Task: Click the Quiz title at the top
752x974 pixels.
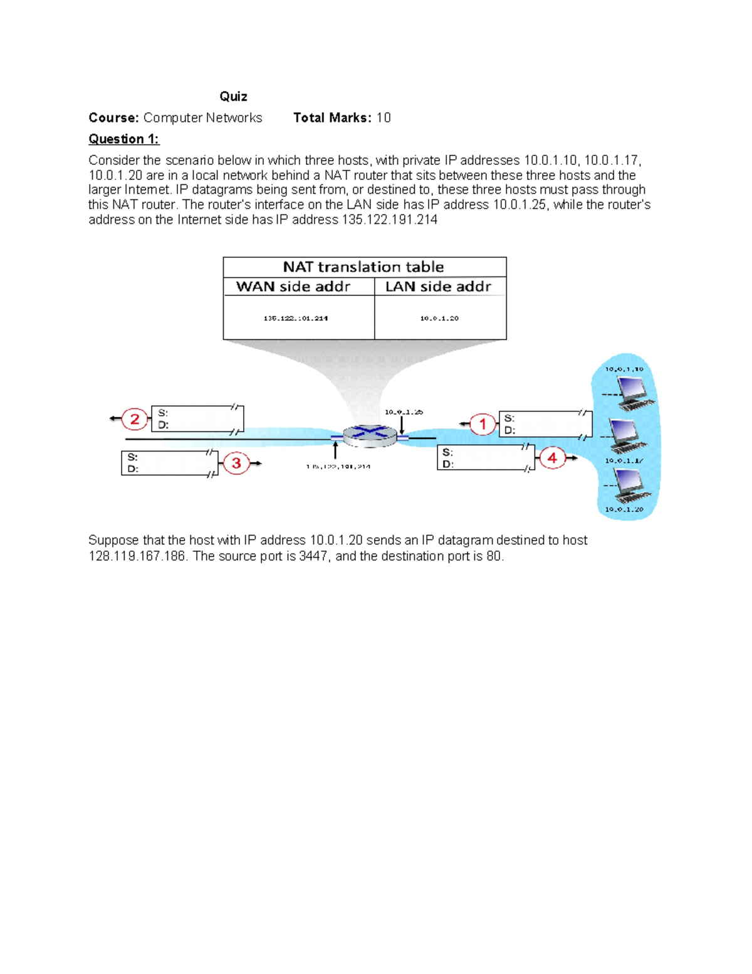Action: [x=233, y=96]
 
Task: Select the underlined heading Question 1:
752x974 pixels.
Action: [x=124, y=139]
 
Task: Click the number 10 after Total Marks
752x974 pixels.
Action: [x=384, y=118]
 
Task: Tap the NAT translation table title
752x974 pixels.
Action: [x=363, y=267]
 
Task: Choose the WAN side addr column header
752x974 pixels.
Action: [x=293, y=287]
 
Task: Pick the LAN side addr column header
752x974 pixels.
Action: [x=438, y=287]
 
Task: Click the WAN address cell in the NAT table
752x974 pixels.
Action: [x=295, y=318]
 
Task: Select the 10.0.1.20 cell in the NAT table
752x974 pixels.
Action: [x=439, y=318]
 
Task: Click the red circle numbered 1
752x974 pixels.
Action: [x=483, y=424]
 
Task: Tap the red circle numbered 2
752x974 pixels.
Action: [x=134, y=419]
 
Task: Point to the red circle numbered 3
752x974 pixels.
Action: [x=236, y=463]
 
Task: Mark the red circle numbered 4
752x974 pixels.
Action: [x=552, y=458]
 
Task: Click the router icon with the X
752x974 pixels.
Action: [x=370, y=435]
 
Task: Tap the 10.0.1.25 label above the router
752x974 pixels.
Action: [x=404, y=412]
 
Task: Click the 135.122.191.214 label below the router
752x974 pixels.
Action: [x=338, y=467]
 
